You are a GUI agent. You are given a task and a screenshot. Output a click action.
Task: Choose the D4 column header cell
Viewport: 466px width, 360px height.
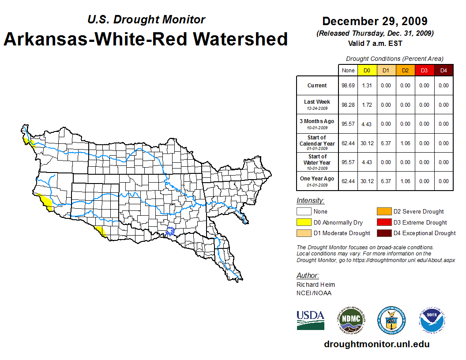tap(443, 70)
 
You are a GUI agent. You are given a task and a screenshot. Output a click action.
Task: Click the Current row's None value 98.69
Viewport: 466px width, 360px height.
tap(348, 86)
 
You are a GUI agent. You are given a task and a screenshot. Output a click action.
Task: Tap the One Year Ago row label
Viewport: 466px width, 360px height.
tap(317, 179)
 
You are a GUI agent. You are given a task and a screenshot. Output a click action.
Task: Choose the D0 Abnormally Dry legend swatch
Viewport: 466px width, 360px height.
tap(304, 222)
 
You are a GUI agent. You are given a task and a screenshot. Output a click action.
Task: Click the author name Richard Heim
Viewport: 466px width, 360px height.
tap(316, 285)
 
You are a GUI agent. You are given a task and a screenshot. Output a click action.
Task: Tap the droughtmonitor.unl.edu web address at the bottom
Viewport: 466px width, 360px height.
tap(376, 344)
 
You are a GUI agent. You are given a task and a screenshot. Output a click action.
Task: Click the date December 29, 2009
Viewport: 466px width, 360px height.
tap(375, 21)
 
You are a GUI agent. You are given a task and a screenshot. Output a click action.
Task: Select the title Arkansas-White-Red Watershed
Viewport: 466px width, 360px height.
tap(146, 39)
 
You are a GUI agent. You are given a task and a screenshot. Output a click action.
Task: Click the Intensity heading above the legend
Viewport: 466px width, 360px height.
tap(310, 201)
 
